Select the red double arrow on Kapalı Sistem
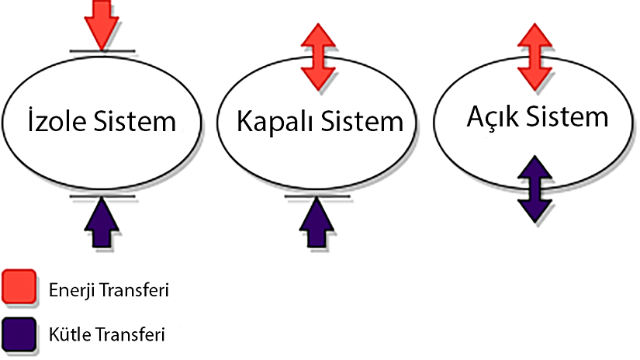[x=317, y=55]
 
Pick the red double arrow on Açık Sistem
[x=534, y=55]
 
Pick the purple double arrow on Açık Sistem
[x=534, y=189]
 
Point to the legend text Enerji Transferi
[x=108, y=291]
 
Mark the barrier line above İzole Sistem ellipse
[x=102, y=52]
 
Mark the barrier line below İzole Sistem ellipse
[x=102, y=196]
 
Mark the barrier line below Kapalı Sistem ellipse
[x=317, y=196]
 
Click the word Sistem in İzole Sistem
[x=139, y=123]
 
